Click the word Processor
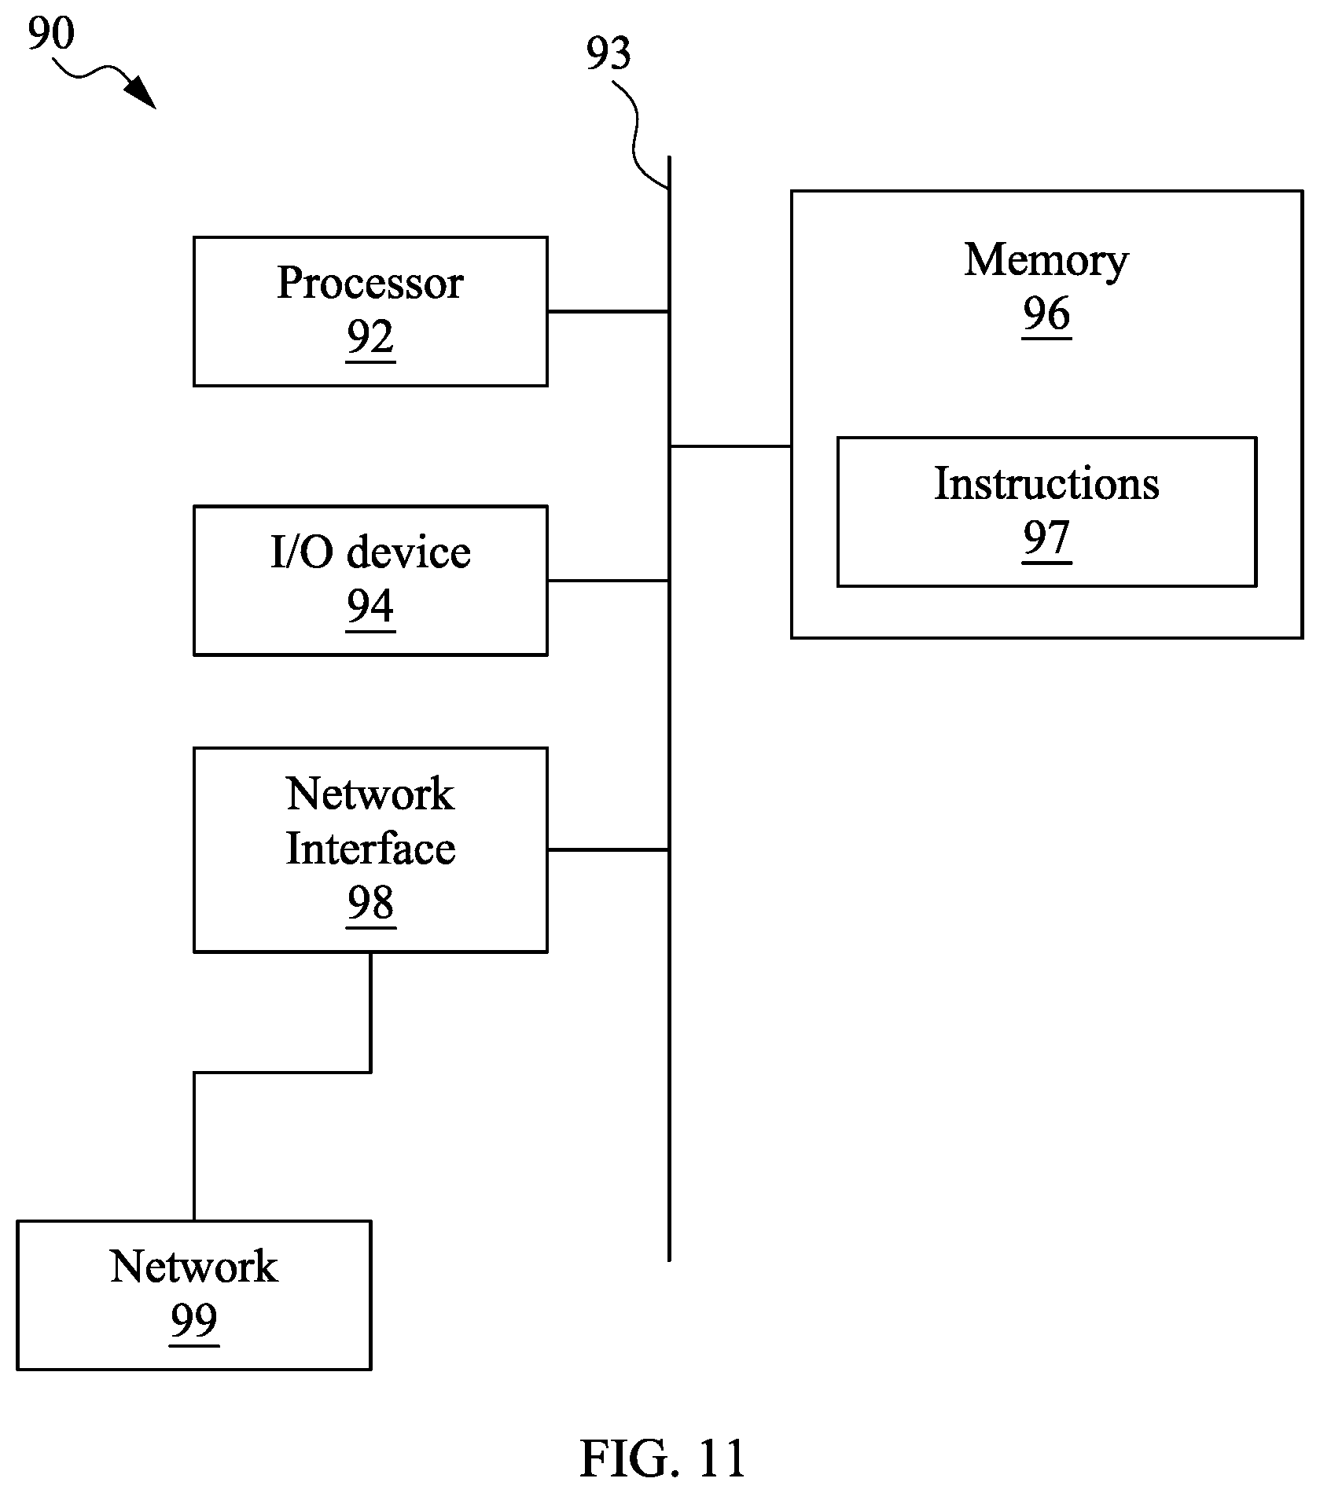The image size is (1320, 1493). pyautogui.click(x=370, y=283)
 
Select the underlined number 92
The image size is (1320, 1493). pyautogui.click(x=370, y=339)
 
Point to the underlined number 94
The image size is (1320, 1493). pyautogui.click(x=370, y=607)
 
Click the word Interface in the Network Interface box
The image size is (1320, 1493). pyautogui.click(x=370, y=849)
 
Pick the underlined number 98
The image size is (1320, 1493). pyautogui.click(x=370, y=904)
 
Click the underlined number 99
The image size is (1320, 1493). pyautogui.click(x=194, y=1321)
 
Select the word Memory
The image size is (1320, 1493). pyautogui.click(x=1046, y=261)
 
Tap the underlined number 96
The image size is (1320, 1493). pyautogui.click(x=1046, y=315)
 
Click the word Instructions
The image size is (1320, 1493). pyautogui.click(x=1046, y=483)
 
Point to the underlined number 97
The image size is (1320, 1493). pyautogui.click(x=1046, y=539)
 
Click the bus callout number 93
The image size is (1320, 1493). pyautogui.click(x=609, y=53)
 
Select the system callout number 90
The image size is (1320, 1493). pyautogui.click(x=51, y=33)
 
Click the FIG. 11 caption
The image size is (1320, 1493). pyautogui.click(x=662, y=1459)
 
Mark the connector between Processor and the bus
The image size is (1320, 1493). pyautogui.click(x=608, y=312)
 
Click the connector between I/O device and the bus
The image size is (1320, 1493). pyautogui.click(x=608, y=581)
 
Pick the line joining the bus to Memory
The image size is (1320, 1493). pyautogui.click(x=730, y=446)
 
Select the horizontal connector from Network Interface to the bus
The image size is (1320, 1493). pyautogui.click(x=608, y=849)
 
